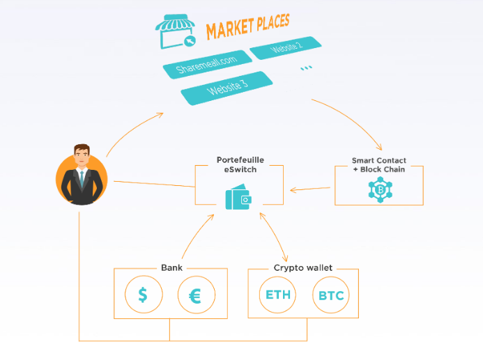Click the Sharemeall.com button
(x=207, y=64)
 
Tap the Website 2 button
(x=286, y=47)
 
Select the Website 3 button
(x=227, y=88)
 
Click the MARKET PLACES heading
(x=248, y=26)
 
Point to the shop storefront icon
(x=176, y=31)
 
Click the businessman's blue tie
(x=82, y=179)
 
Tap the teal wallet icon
(x=238, y=197)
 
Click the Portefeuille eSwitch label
(x=240, y=164)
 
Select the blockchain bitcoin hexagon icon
(x=380, y=189)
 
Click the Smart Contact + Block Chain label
(x=379, y=165)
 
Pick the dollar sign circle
(x=144, y=295)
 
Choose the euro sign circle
(x=197, y=295)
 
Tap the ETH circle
(x=277, y=295)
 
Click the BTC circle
(x=331, y=295)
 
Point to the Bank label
(x=171, y=267)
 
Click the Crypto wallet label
(x=302, y=267)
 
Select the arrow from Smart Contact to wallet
(x=310, y=189)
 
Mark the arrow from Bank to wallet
(x=197, y=235)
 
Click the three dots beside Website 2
(x=306, y=68)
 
